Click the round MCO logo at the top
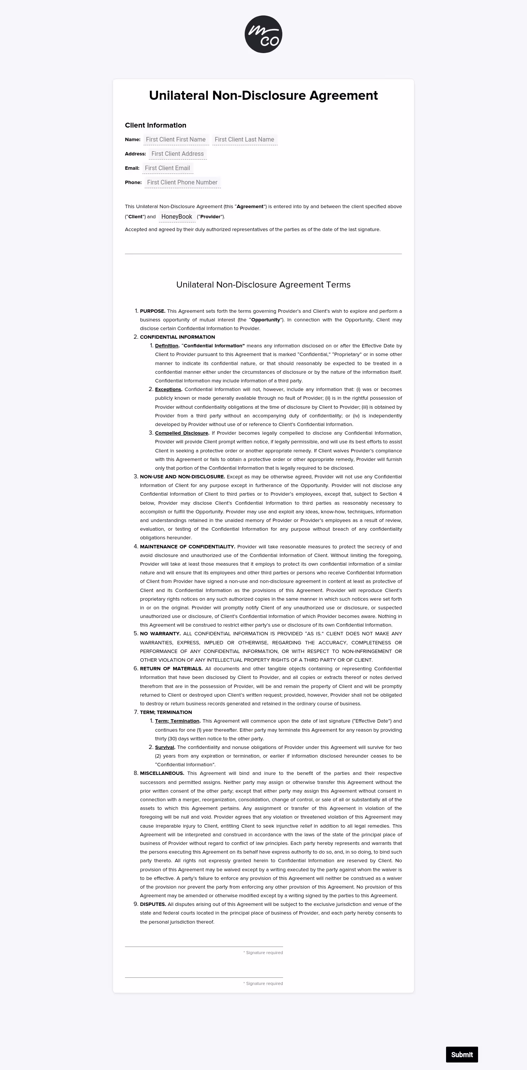coord(263,35)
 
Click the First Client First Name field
coord(176,140)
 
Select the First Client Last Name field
coord(244,140)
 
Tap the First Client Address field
coord(177,154)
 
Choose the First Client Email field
coord(168,168)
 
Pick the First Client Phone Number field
coord(182,183)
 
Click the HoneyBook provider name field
coord(177,216)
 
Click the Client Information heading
coord(155,125)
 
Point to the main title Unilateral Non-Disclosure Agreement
coord(263,96)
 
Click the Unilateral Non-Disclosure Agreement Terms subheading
coord(263,285)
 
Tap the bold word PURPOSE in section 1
coord(152,311)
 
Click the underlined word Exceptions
coord(168,390)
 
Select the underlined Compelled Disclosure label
coord(181,433)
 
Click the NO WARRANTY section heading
coord(160,634)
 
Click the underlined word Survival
coord(164,747)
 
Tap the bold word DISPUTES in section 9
coord(153,904)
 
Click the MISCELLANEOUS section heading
coord(161,773)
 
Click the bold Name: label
coord(133,140)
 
